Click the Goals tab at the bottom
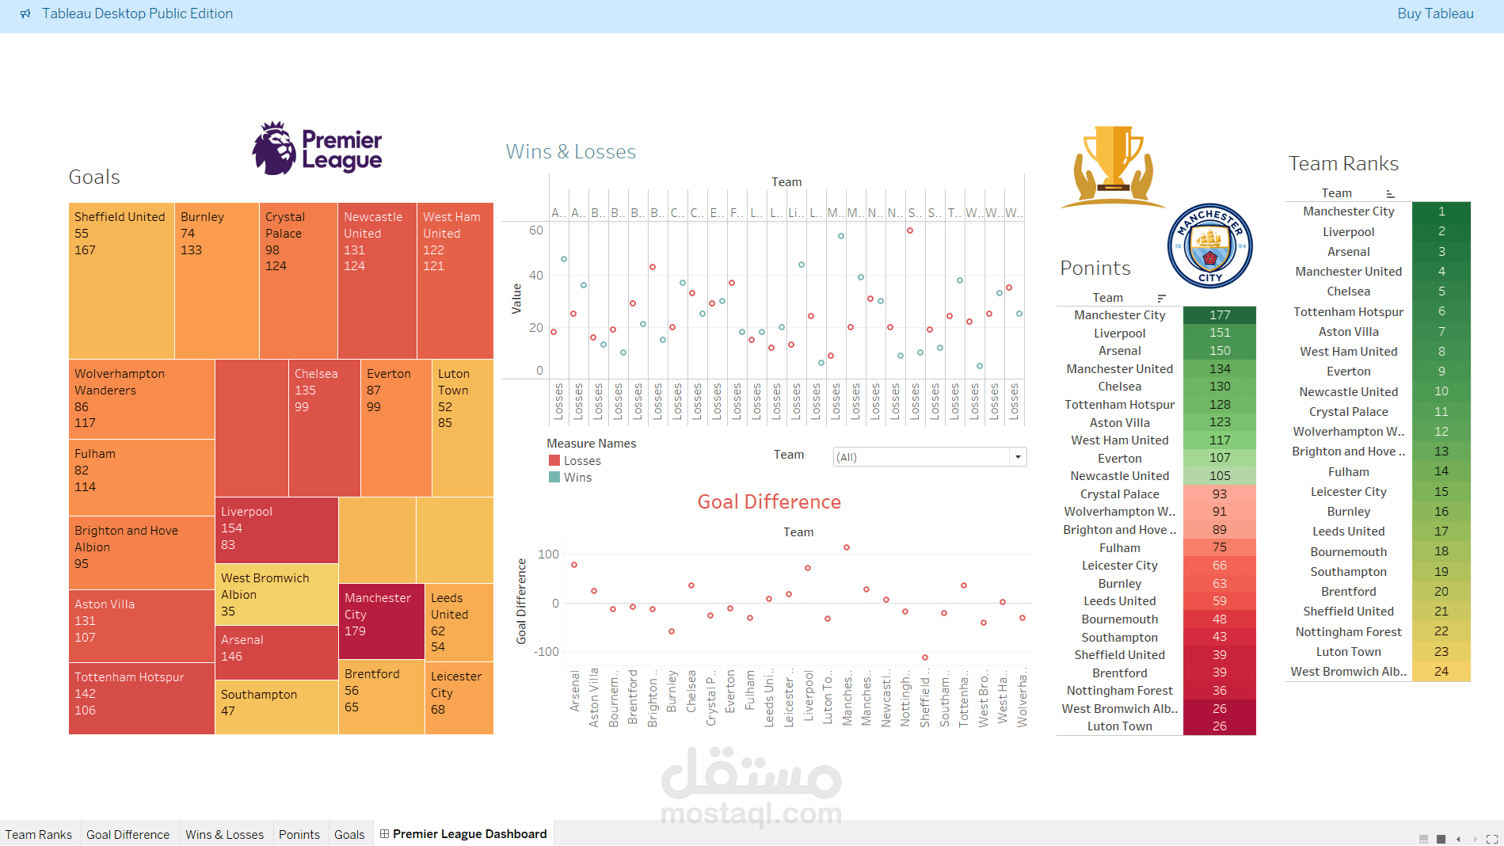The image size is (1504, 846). pos(349,834)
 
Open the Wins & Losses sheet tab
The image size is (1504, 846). pos(224,834)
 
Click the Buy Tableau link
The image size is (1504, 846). pos(1435,13)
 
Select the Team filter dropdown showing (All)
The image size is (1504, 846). pos(930,457)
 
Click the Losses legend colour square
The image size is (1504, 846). pos(554,460)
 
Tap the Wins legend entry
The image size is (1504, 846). pos(577,477)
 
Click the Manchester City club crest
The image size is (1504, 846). pos(1209,246)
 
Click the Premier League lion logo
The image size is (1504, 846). pos(274,148)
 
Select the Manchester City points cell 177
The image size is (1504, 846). pos(1220,315)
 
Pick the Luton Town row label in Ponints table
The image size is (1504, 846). pos(1119,726)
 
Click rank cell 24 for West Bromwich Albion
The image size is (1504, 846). pos(1441,672)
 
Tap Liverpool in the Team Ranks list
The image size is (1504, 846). pos(1348,232)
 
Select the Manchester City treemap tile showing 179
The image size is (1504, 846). pos(381,621)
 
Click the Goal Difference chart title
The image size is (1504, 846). pos(769,501)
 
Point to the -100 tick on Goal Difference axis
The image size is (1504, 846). pos(546,651)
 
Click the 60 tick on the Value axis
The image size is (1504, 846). pos(536,231)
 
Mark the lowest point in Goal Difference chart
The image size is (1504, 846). pos(924,657)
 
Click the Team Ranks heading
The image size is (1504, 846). pos(1343,163)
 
